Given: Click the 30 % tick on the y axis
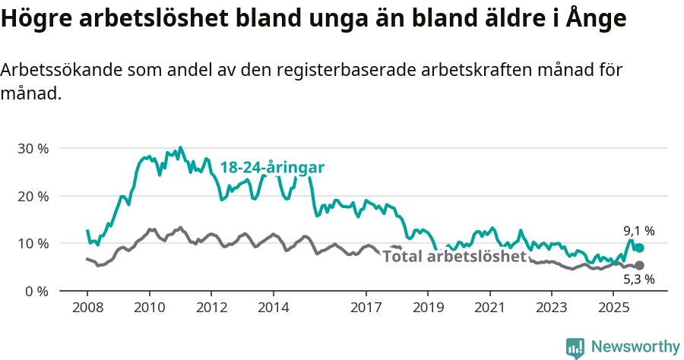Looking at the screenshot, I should coord(33,148).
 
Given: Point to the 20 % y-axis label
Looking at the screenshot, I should coord(33,196).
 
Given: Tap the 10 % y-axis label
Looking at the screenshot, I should coord(33,243).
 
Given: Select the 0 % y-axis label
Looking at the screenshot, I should coord(36,291).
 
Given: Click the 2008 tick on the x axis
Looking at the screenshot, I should coord(87,308).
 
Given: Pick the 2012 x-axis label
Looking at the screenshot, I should coord(211,308).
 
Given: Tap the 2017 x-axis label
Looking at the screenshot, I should coord(366,308).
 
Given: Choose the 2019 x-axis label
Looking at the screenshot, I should coord(428,308).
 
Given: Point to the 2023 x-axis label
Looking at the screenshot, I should coord(552,308).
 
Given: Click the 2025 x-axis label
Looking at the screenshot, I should coord(613,308).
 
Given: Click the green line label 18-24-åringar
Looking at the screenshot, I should coord(272,168).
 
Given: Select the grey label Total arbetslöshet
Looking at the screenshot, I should coord(454,257).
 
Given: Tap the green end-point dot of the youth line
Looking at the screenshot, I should coord(640,248).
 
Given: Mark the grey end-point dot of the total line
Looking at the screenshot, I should coord(640,265).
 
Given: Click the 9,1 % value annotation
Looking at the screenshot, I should coord(639,231).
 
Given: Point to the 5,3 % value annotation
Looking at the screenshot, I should coord(639,279).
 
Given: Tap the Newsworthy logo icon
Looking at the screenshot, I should coord(575,347).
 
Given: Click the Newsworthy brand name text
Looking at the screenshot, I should coord(635,347).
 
